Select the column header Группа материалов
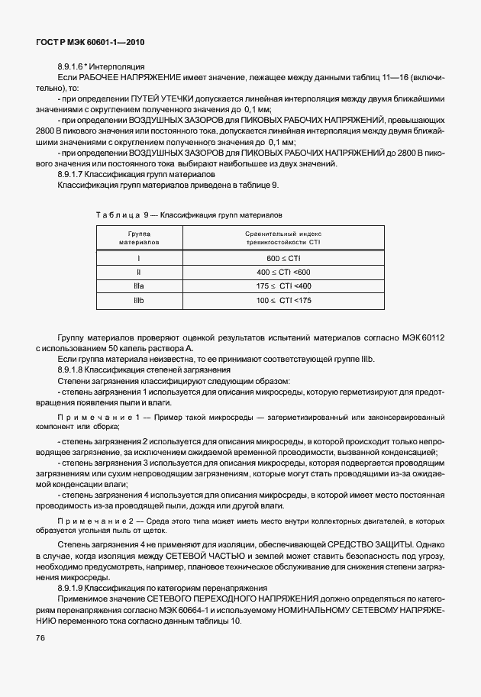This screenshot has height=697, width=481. click(138, 237)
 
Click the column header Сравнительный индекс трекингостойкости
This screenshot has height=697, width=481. click(284, 237)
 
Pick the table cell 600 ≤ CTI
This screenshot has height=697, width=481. click(284, 259)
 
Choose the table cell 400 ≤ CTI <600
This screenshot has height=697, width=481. click(284, 273)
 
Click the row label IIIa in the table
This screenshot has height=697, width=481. click(138, 286)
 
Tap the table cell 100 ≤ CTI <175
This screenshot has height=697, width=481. click(284, 301)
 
